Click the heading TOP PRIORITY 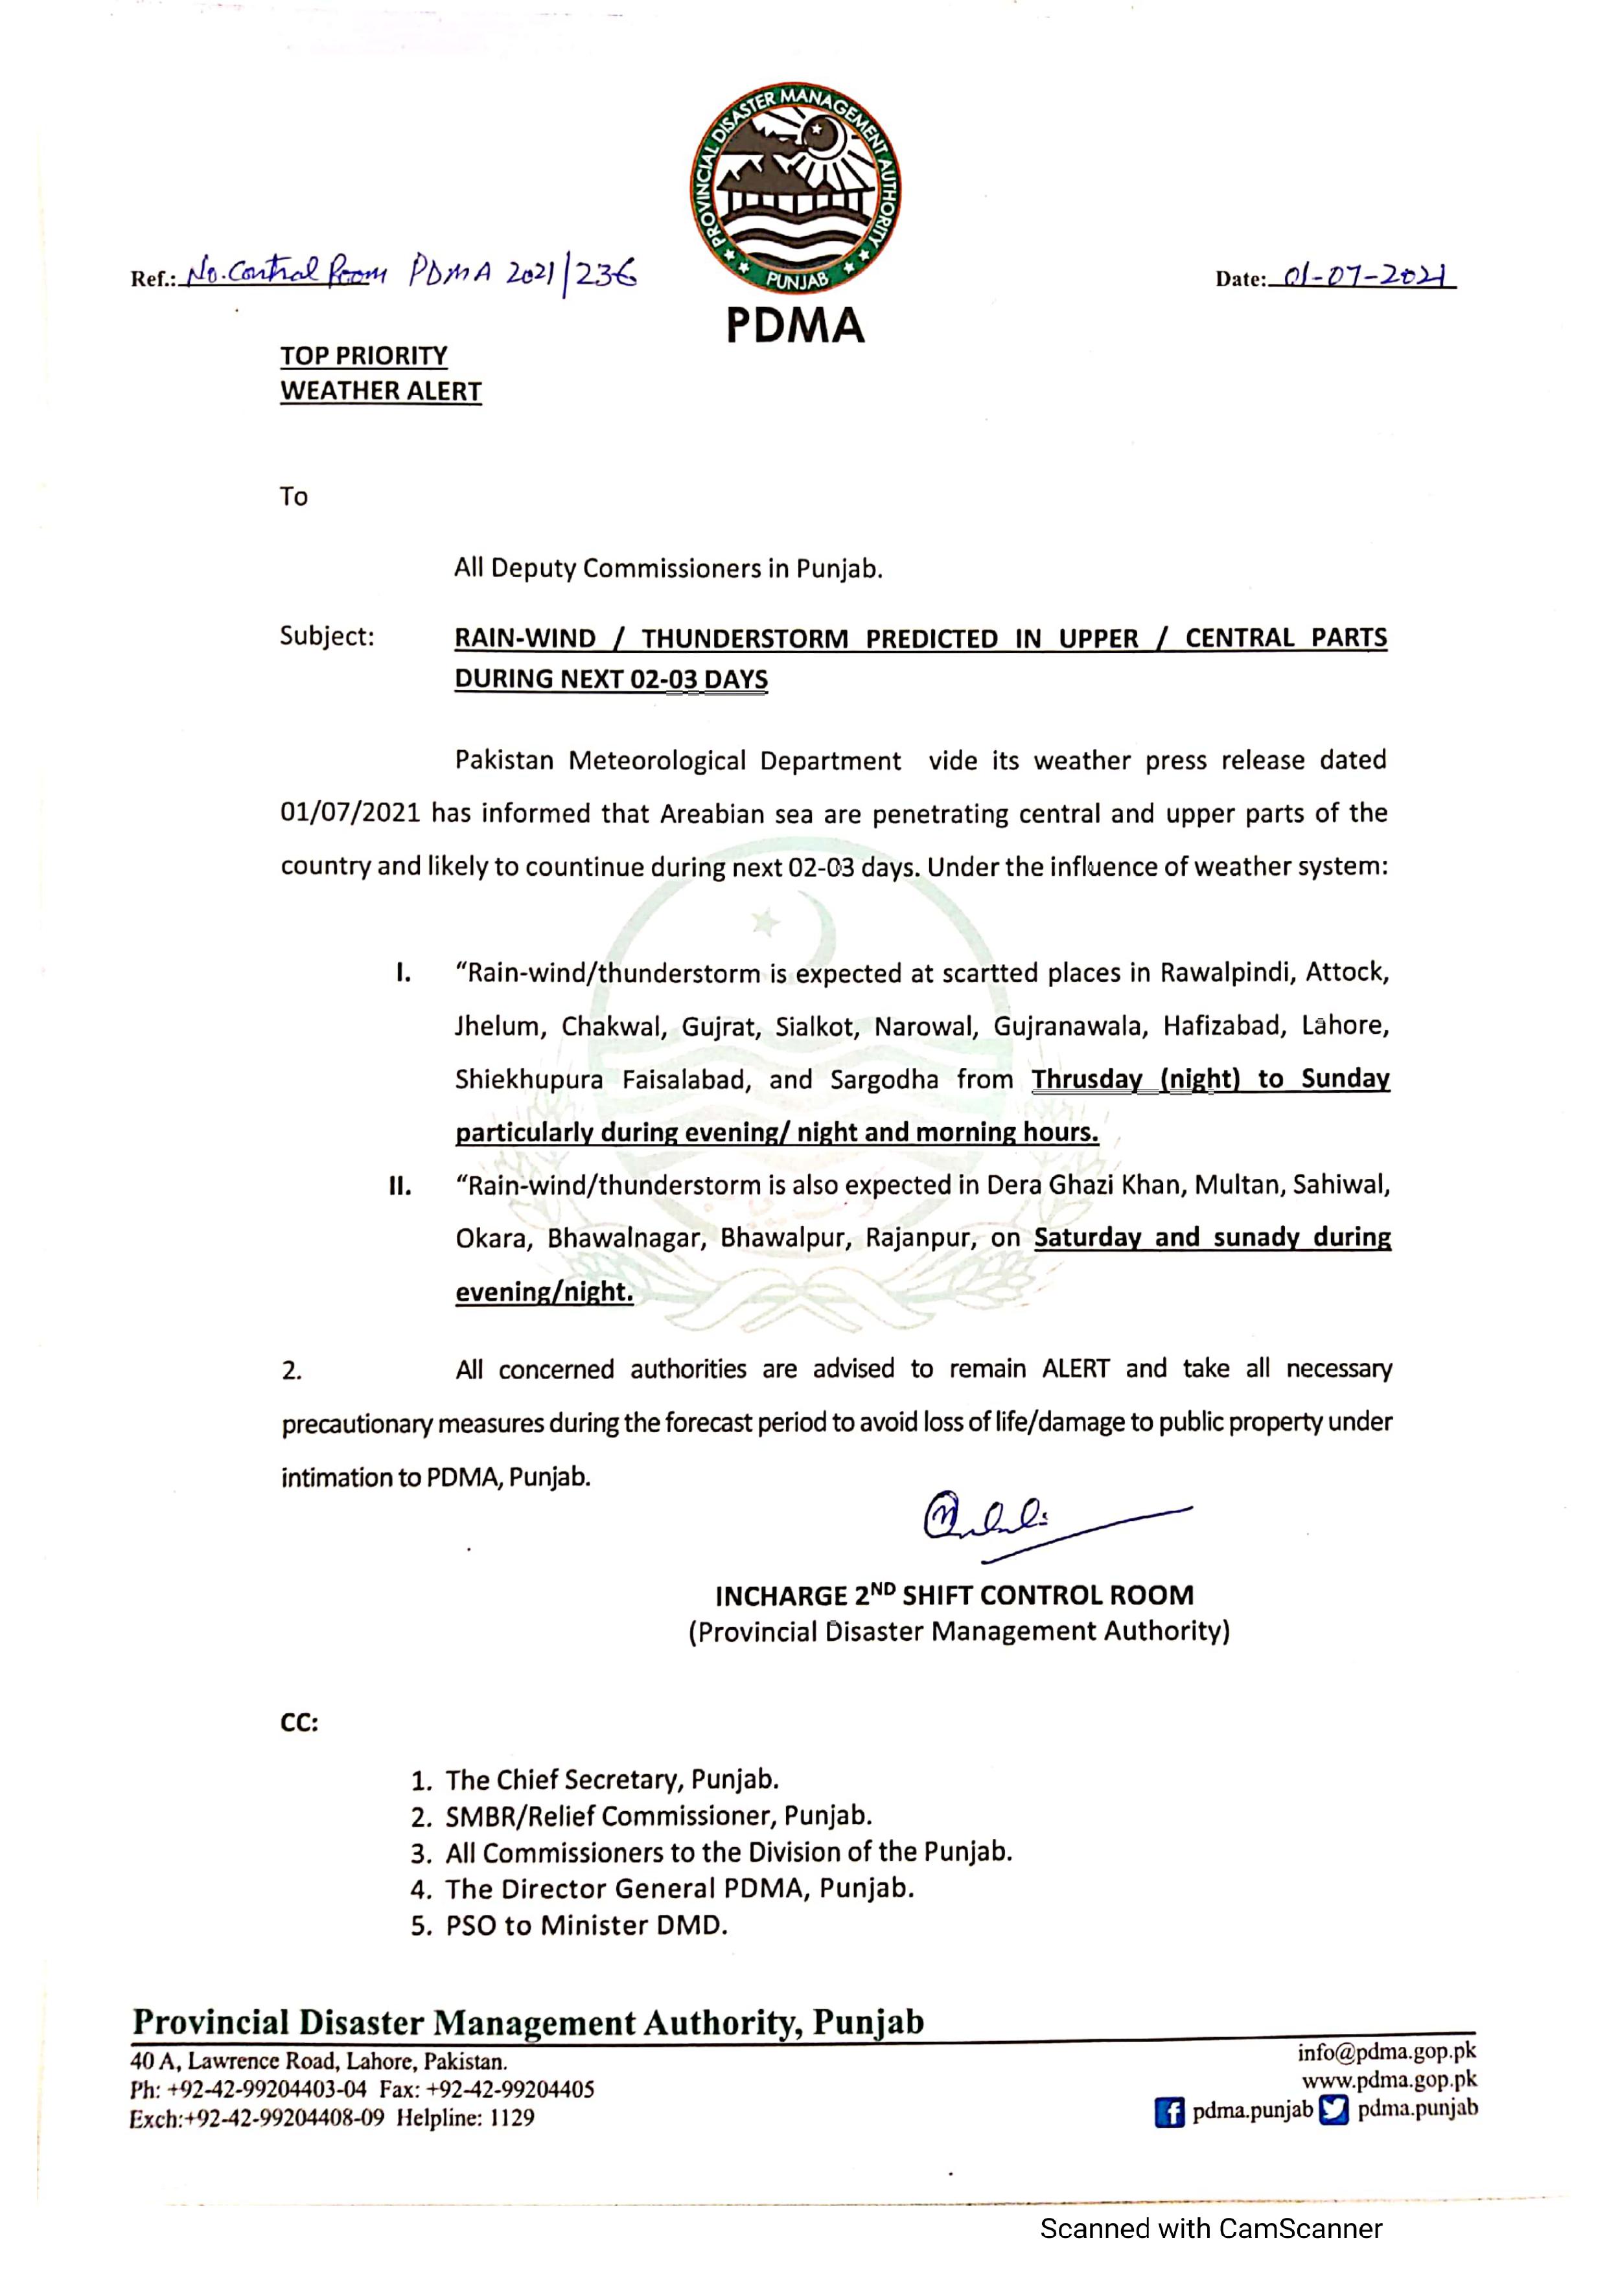[x=364, y=356]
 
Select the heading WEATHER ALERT [x=380, y=391]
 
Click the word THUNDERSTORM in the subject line [x=744, y=639]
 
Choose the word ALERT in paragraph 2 [x=1075, y=1369]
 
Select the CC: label [x=299, y=1722]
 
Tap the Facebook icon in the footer [x=1170, y=2112]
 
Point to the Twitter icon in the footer [x=1335, y=2110]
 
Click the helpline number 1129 [x=512, y=2118]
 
